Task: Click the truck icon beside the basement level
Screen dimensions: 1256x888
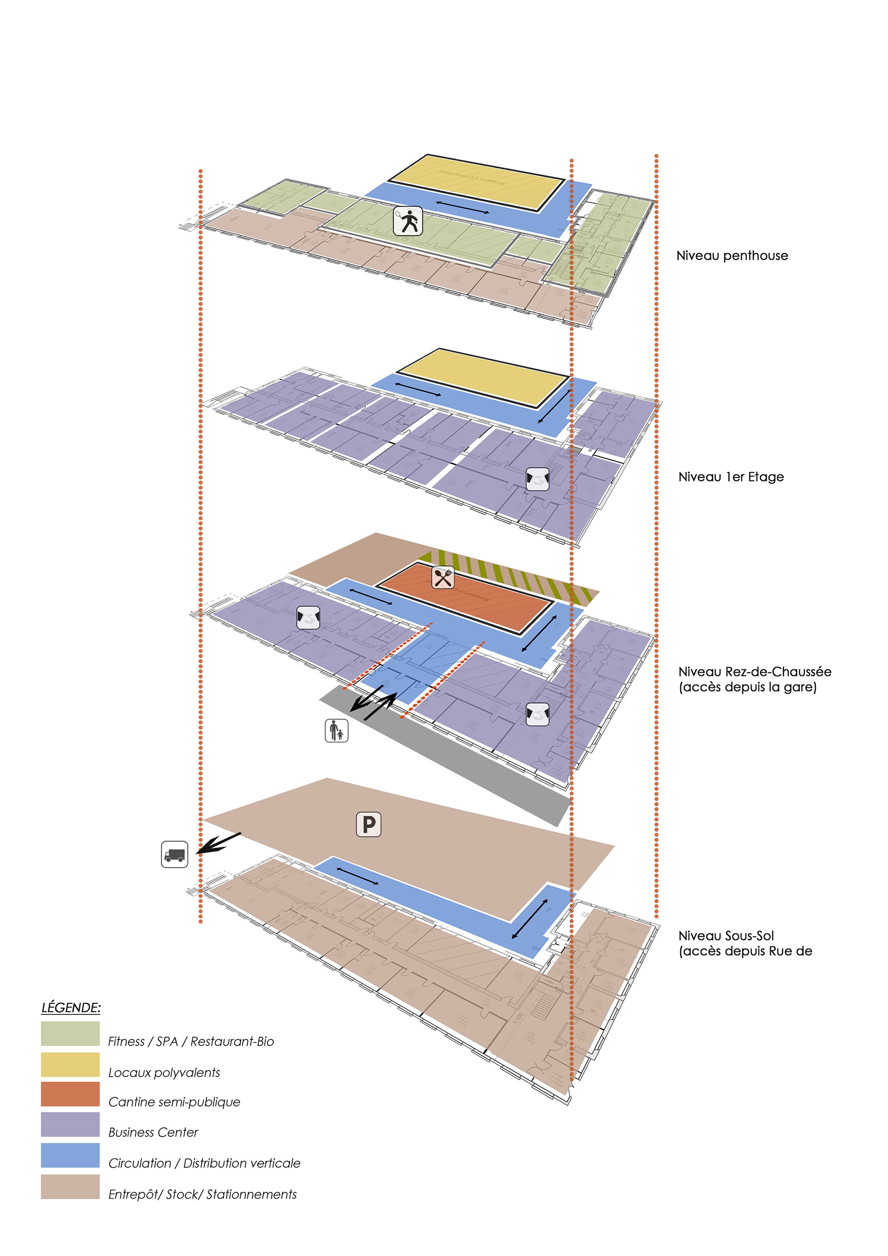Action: click(174, 854)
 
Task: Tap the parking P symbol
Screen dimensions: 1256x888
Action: click(369, 824)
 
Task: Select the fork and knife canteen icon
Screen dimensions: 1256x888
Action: click(443, 577)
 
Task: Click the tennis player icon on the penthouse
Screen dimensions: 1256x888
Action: click(408, 221)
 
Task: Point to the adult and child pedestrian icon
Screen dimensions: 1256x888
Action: click(336, 730)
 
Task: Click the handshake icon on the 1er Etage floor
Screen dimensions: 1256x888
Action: click(537, 479)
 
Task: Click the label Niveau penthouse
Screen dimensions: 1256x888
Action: click(732, 255)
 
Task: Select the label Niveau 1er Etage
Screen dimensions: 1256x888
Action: click(731, 477)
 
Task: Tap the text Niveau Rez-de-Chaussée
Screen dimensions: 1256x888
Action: click(755, 672)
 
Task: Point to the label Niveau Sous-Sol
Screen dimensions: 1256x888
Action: click(726, 936)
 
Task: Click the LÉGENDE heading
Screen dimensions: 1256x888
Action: click(71, 1008)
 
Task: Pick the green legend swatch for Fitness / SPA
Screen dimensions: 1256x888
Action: click(70, 1033)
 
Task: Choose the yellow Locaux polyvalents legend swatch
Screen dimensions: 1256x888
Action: click(70, 1064)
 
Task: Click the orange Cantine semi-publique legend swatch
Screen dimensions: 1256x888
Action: click(70, 1094)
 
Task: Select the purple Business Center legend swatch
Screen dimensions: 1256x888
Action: click(70, 1125)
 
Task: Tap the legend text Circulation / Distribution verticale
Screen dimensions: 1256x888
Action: click(204, 1163)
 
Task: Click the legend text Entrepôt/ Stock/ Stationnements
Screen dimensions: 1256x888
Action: click(202, 1194)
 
